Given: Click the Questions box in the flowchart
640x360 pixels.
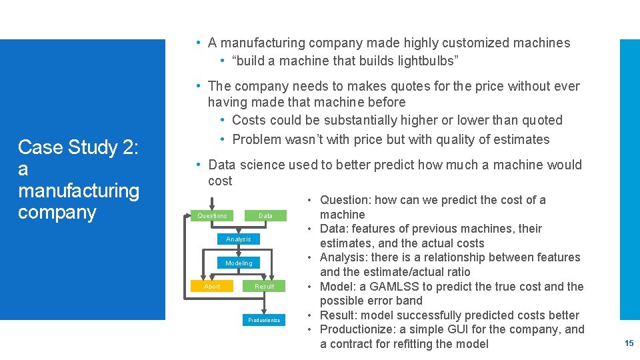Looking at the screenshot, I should point(212,215).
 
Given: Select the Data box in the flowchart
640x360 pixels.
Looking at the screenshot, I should point(265,215).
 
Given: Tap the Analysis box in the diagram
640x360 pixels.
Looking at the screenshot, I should point(239,239).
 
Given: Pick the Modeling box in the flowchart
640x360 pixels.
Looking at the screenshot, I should point(239,263).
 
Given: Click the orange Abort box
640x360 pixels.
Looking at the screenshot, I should point(212,286).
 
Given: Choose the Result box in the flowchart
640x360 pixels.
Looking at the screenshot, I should point(265,286).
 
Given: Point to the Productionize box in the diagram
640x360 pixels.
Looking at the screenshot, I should point(265,320).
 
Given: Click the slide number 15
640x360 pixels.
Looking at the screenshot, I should point(629,343).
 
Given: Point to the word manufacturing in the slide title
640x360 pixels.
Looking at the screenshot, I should point(79,191).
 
